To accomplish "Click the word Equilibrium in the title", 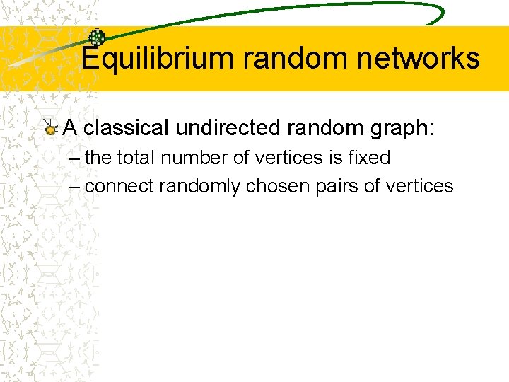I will tap(157, 58).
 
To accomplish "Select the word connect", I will tap(119, 186).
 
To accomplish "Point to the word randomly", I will tap(200, 186).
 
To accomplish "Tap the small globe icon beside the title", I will tap(96, 38).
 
